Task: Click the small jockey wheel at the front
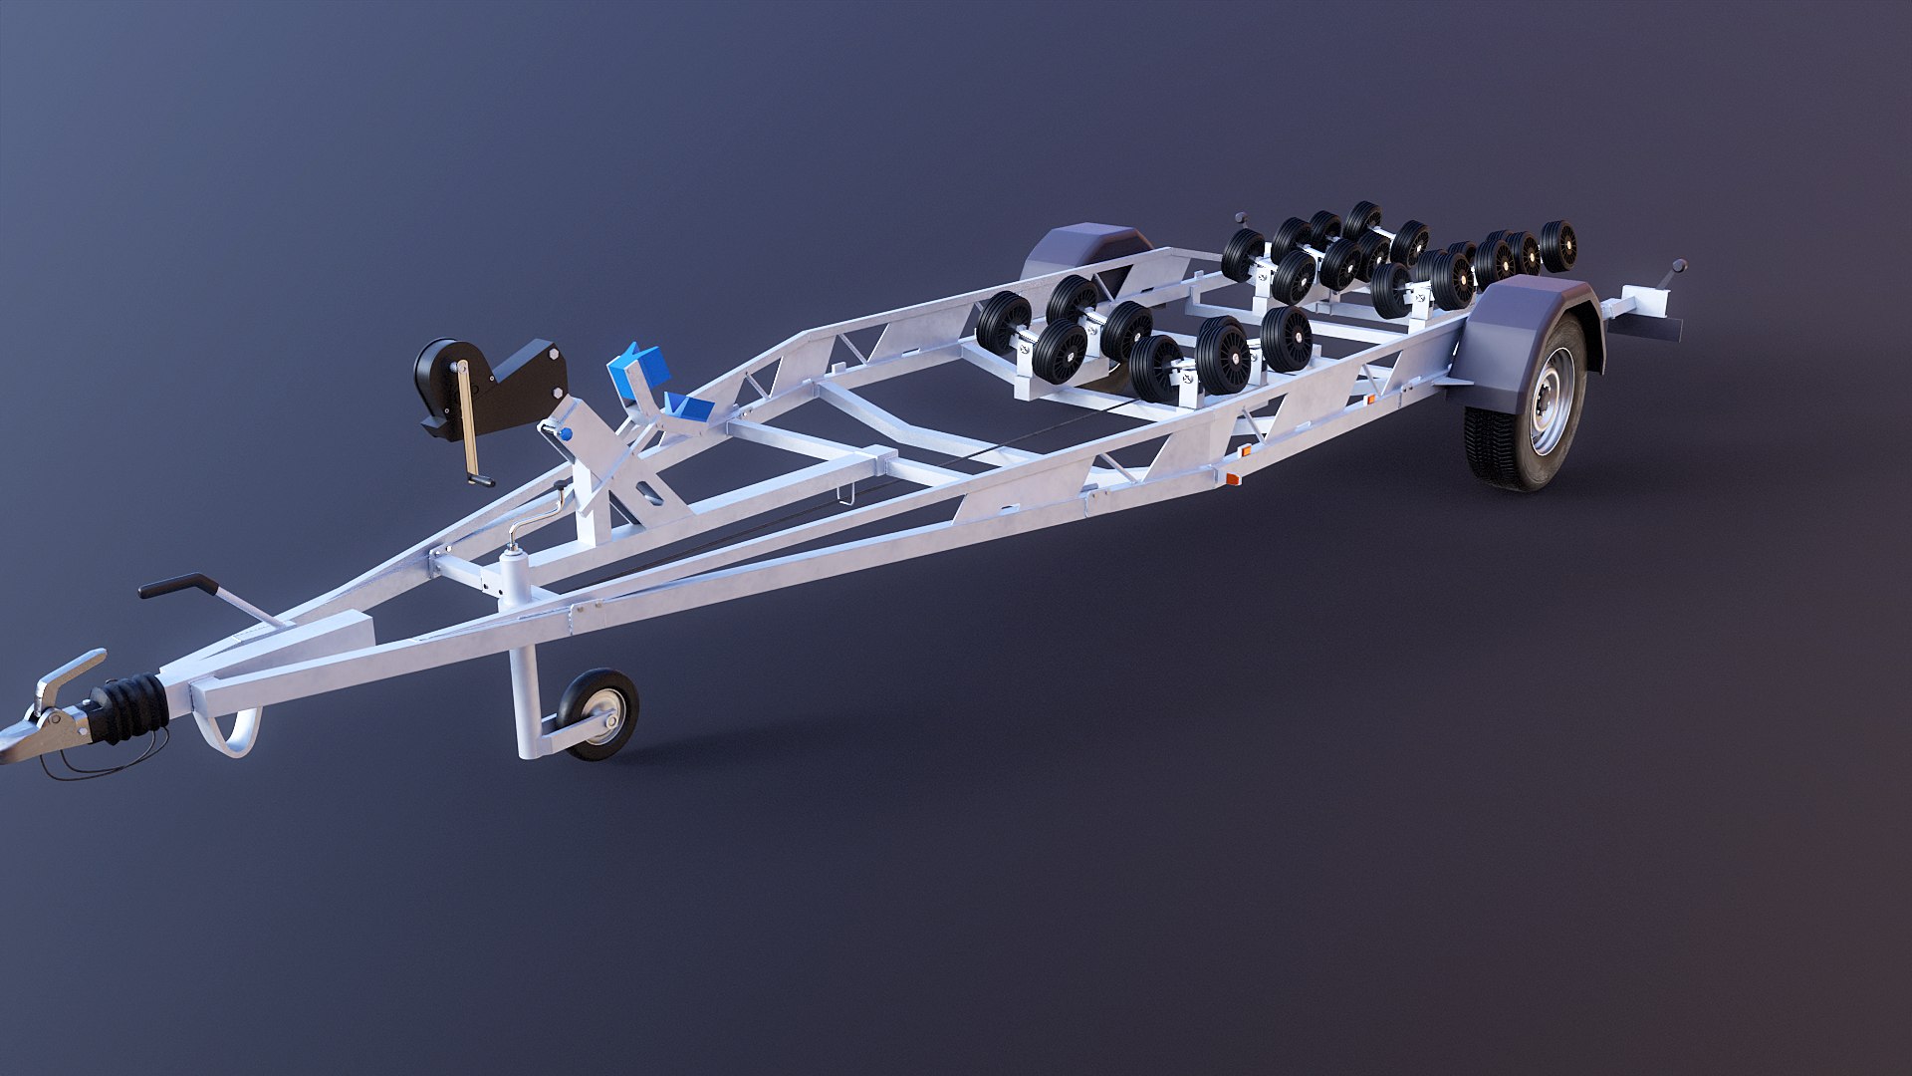tap(598, 713)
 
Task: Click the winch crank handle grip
tap(481, 481)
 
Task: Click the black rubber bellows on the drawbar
tap(129, 707)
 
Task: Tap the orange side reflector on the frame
tap(1232, 479)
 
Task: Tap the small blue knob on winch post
tap(565, 435)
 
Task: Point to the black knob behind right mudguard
tap(1679, 266)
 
